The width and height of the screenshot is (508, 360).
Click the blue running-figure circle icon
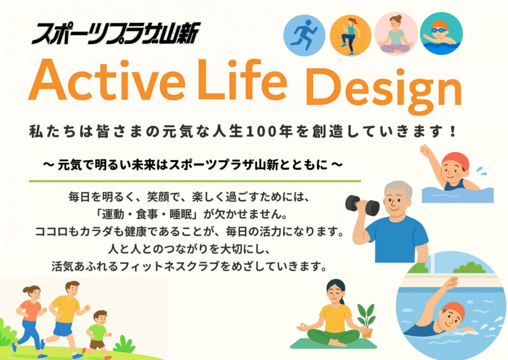pyautogui.click(x=304, y=35)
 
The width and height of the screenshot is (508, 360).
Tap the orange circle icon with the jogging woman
pyautogui.click(x=350, y=35)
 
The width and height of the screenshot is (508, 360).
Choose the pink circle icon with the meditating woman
pyautogui.click(x=396, y=34)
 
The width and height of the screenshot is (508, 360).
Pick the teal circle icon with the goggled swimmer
pyautogui.click(x=441, y=33)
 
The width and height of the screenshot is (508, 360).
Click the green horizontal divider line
pyautogui.click(x=195, y=181)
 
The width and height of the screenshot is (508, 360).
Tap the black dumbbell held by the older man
pyautogui.click(x=362, y=206)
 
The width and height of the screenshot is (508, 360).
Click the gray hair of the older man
pyautogui.click(x=398, y=189)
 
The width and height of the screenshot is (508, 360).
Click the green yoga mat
pyautogui.click(x=333, y=344)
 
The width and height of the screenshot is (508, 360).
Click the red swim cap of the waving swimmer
pyautogui.click(x=456, y=160)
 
